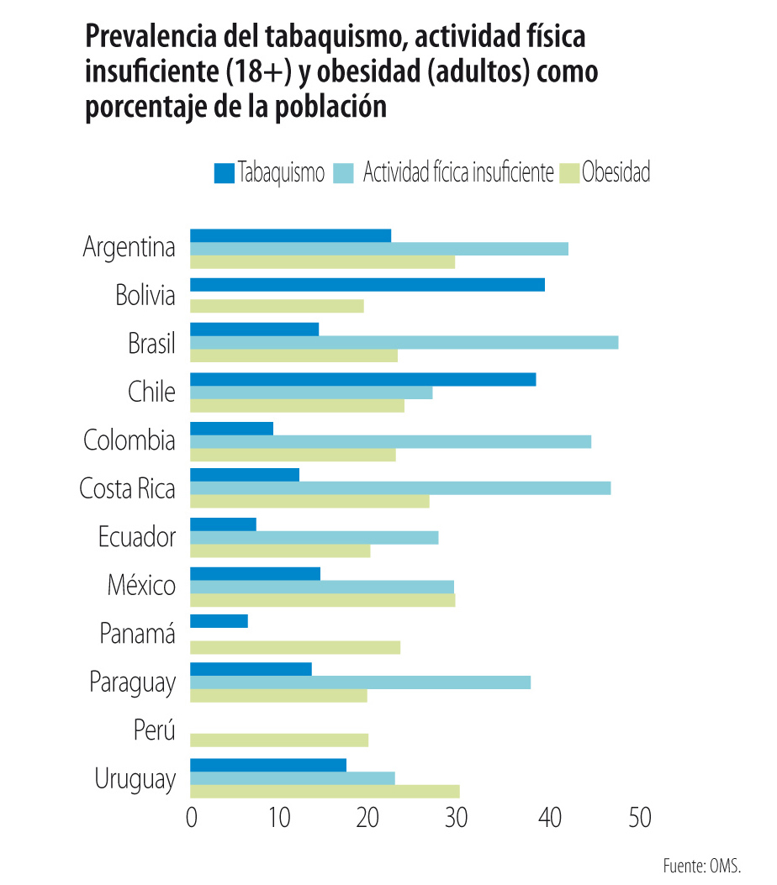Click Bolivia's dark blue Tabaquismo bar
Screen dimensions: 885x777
pos(367,284)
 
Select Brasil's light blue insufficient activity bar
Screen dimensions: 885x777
pos(404,342)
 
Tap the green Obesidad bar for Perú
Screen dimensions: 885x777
pos(279,740)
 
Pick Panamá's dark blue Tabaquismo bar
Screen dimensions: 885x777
pos(219,621)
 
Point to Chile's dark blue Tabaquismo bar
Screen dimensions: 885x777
pos(362,379)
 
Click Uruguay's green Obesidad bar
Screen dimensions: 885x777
pos(325,791)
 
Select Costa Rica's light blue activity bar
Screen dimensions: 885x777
pos(400,488)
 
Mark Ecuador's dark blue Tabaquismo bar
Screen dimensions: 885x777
pos(223,524)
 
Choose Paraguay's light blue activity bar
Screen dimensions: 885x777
pos(360,682)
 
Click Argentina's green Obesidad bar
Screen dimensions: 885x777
pos(322,261)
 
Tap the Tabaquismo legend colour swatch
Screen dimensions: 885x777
pos(224,173)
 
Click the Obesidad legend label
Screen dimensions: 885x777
pos(616,173)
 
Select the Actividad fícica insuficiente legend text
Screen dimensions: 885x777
pos(458,173)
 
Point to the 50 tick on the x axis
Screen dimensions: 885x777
pos(639,818)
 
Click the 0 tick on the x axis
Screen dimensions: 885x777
pos(192,818)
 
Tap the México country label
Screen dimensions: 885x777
pos(141,585)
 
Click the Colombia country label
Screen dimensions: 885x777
pos(129,440)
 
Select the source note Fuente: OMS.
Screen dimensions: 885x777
pos(701,866)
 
